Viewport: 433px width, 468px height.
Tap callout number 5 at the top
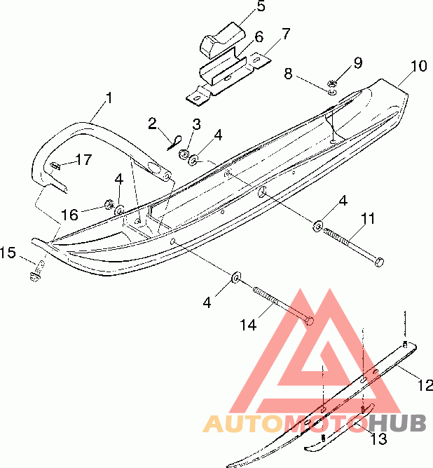click(241, 8)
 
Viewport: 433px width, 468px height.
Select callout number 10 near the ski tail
click(418, 67)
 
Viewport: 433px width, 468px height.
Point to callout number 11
click(368, 219)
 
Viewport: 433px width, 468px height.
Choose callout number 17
click(83, 160)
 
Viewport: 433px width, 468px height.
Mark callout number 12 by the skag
click(425, 385)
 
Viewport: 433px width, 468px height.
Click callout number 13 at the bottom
click(378, 439)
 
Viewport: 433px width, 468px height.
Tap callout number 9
click(358, 62)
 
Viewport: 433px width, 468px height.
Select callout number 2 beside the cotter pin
click(152, 124)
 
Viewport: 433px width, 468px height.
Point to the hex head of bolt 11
click(379, 262)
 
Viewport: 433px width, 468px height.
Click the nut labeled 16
click(109, 204)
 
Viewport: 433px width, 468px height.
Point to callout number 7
click(285, 34)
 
